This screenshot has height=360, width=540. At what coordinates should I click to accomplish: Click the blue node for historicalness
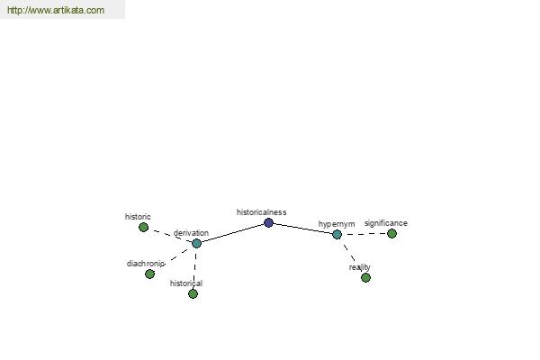tap(268, 223)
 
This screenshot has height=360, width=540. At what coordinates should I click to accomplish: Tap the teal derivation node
tap(196, 243)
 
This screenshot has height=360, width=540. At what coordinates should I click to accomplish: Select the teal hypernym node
tap(337, 235)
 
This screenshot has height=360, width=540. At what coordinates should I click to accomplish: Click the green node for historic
tap(144, 228)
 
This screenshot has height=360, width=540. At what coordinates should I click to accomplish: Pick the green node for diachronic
tap(149, 274)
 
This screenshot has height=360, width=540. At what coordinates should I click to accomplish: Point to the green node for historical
tap(193, 294)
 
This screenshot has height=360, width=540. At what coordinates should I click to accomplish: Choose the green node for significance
tap(391, 234)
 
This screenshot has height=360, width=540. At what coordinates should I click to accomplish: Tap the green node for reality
tap(365, 278)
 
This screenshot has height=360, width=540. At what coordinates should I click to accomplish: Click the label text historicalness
tap(261, 212)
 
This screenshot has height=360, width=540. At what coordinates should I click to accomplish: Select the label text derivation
tap(191, 233)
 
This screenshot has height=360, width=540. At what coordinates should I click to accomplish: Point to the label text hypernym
tap(337, 224)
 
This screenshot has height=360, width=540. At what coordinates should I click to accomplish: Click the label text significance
tap(386, 223)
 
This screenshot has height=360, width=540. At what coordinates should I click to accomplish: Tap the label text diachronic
tap(145, 264)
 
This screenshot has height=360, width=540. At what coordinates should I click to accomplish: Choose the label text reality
tap(359, 267)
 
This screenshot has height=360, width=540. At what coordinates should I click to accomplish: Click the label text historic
tap(138, 217)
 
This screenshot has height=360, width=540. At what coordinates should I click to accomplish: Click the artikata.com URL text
tap(56, 10)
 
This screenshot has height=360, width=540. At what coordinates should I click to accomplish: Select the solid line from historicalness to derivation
tap(232, 233)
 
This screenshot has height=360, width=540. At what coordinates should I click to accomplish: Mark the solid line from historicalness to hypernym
tap(303, 229)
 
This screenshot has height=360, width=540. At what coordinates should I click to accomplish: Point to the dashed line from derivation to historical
tap(195, 268)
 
